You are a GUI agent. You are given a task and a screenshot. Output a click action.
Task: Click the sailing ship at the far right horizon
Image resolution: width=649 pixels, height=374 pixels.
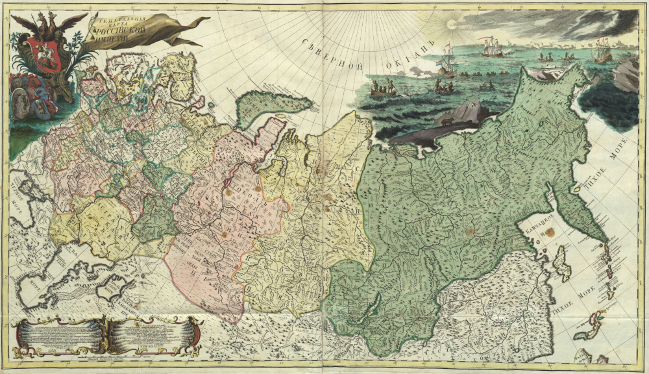click(602, 51)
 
